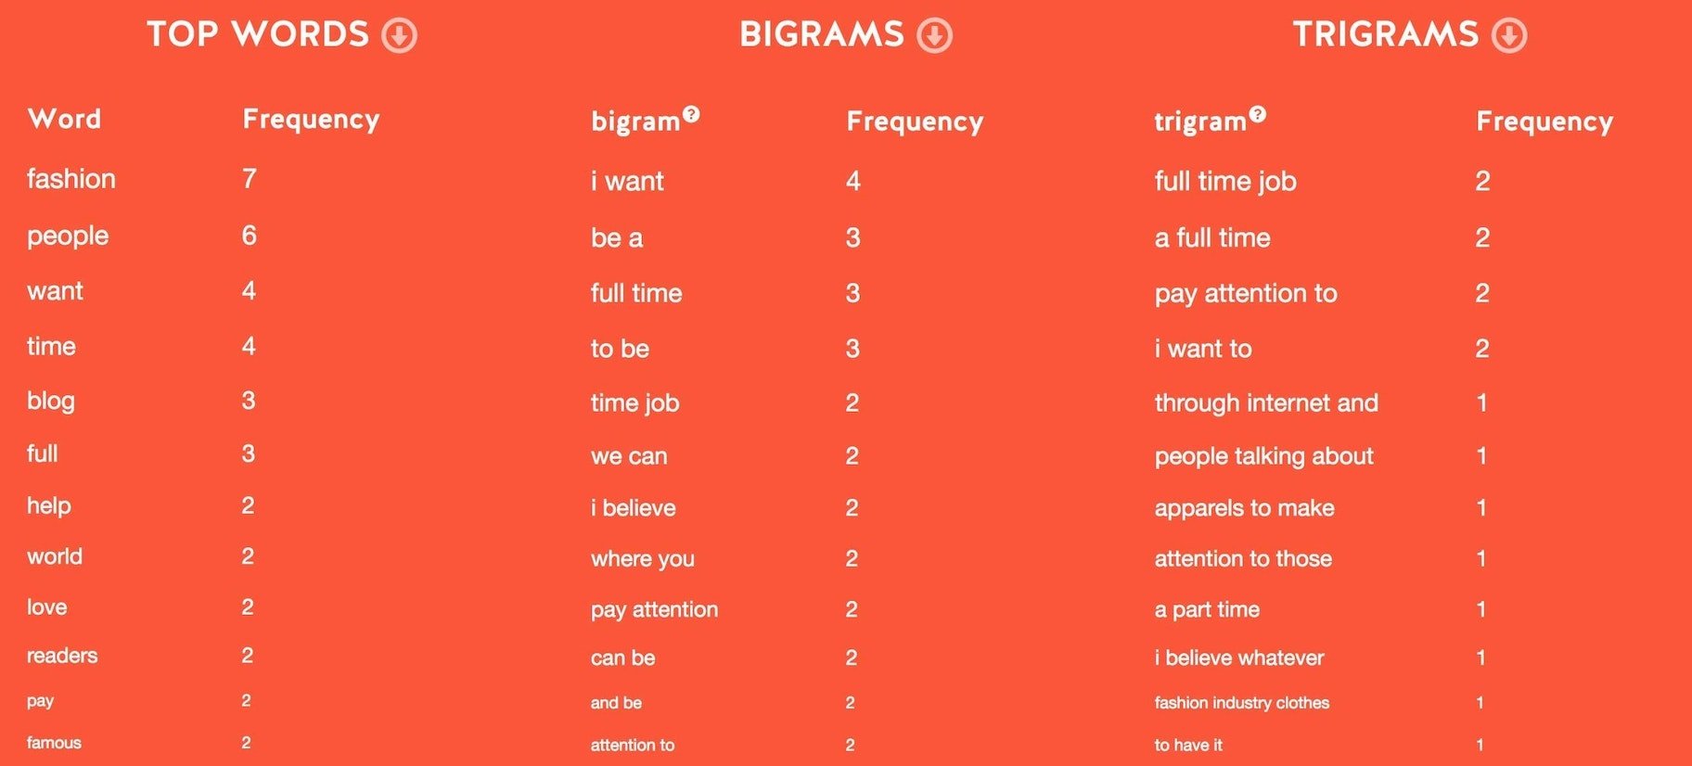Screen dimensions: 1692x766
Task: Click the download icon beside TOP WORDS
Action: pos(400,35)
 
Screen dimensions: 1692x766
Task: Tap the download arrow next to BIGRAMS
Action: pos(935,35)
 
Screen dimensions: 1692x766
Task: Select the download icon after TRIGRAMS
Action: pos(1509,35)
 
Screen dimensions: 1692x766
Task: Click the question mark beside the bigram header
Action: pos(691,114)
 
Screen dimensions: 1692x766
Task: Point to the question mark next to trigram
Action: pos(1257,114)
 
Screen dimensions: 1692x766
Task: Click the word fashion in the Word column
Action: pos(71,178)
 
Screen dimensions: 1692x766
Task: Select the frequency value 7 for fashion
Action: pos(250,178)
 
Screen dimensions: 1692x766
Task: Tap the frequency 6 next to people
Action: pos(250,235)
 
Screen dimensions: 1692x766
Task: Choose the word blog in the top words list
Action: pos(51,401)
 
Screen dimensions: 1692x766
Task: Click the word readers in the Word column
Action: pos(62,656)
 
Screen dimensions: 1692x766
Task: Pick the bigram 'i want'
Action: pos(627,181)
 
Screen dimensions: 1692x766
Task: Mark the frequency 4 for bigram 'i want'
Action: pos(853,181)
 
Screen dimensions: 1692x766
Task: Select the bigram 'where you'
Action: pos(643,558)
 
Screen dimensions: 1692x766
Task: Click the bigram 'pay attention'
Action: pos(655,609)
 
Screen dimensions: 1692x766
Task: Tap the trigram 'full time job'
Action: pos(1225,181)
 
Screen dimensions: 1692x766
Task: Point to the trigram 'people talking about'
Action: pos(1264,456)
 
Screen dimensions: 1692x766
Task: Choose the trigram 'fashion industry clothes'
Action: pos(1242,703)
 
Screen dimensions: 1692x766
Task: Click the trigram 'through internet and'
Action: pos(1266,402)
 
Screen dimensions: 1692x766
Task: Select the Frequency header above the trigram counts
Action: pos(1545,121)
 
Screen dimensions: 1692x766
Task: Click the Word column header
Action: pos(65,119)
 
